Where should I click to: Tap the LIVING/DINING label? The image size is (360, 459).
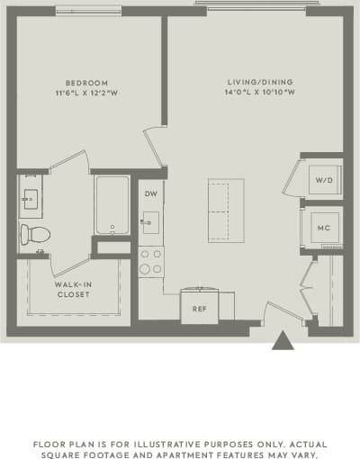coord(255,84)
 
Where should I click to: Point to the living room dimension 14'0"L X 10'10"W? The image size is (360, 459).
coord(255,94)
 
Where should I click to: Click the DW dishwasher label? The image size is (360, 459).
coord(150,193)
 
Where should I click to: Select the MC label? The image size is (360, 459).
coord(324,227)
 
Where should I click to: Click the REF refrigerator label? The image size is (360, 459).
coord(200,308)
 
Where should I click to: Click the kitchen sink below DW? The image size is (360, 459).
coord(150,221)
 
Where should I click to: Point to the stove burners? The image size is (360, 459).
coord(150,262)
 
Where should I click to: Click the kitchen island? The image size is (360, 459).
coord(225,210)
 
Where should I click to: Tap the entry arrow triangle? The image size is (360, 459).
coord(283,341)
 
